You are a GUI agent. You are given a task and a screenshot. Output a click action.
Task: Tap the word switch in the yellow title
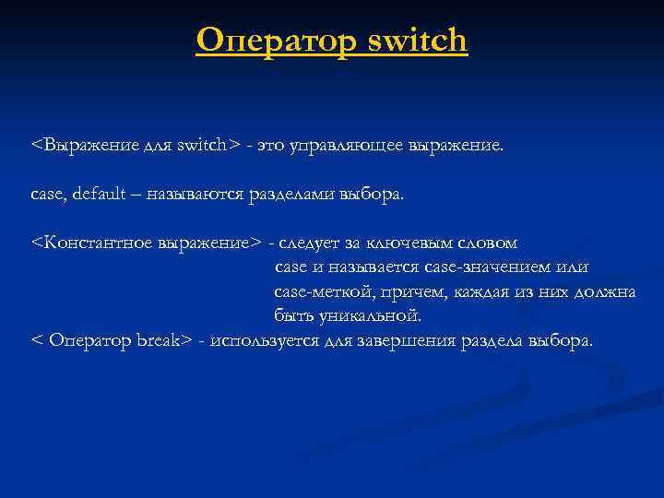pyautogui.click(x=417, y=41)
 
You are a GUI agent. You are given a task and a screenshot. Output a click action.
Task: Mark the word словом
pyautogui.click(x=484, y=243)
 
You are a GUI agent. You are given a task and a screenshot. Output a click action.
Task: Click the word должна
pyautogui.click(x=604, y=292)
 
